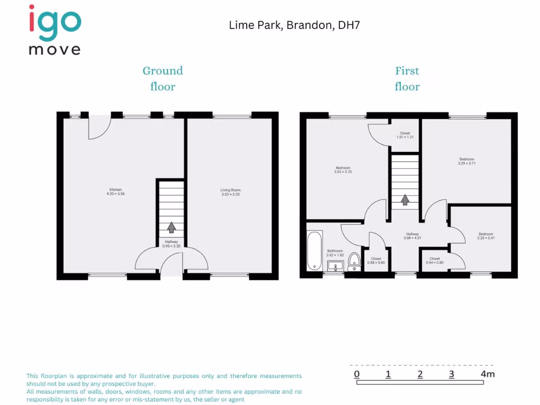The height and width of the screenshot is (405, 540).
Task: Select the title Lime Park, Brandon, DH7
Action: [294, 25]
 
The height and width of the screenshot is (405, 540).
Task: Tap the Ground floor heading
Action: [162, 79]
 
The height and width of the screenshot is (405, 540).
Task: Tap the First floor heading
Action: [407, 79]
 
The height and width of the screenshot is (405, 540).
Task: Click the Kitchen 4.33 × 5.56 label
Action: [115, 191]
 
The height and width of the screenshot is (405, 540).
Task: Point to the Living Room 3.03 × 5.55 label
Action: [230, 192]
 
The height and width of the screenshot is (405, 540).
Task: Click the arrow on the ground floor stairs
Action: [171, 227]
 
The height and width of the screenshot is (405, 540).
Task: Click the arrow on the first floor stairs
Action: [405, 200]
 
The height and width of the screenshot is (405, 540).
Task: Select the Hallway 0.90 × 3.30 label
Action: [171, 244]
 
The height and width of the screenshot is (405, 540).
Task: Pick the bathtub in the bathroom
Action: [314, 251]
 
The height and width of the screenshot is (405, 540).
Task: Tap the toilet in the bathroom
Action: [354, 259]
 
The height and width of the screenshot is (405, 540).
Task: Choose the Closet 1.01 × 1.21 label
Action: [404, 135]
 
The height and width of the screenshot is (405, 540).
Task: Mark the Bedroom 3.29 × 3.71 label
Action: [467, 161]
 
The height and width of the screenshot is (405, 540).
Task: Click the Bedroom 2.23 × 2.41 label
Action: [486, 236]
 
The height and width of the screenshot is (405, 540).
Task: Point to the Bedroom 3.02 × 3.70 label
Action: [342, 170]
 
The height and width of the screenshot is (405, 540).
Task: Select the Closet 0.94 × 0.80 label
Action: [435, 261]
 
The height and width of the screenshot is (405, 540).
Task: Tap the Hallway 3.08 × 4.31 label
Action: [412, 236]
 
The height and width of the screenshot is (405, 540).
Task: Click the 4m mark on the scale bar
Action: [487, 374]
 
